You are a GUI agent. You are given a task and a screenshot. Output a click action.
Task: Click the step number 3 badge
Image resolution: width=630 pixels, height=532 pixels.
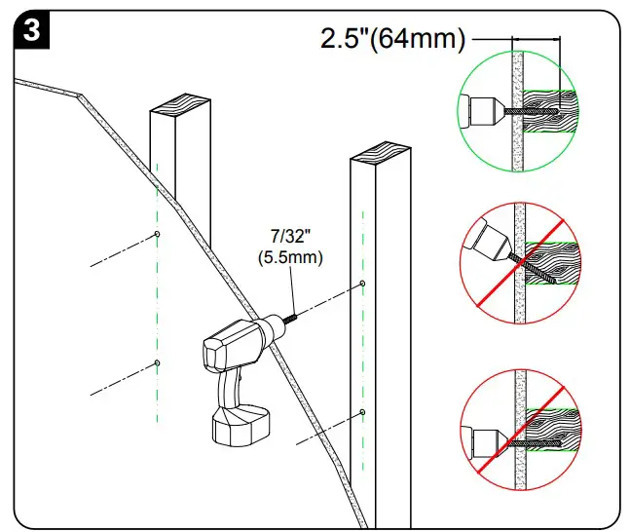(x=32, y=30)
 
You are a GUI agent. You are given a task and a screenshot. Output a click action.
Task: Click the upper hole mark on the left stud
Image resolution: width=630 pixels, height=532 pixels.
(x=158, y=234)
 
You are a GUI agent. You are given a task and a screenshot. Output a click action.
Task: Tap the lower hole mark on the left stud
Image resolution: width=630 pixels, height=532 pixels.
(x=158, y=362)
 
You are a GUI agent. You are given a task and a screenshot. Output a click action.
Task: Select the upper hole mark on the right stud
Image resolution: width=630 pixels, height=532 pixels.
(x=362, y=284)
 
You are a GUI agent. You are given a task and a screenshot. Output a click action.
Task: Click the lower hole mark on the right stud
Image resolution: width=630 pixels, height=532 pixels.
(x=362, y=412)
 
